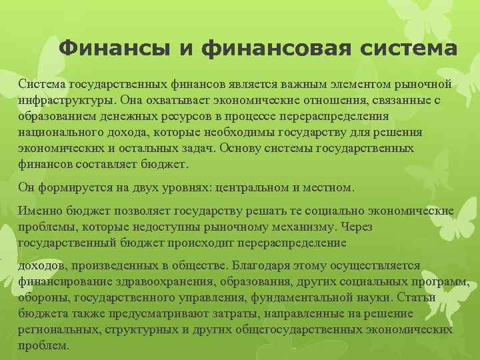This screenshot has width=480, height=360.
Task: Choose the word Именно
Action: (39, 211)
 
